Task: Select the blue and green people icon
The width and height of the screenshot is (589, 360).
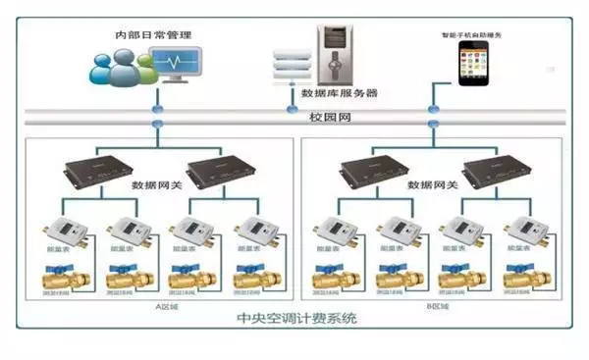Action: tap(117, 69)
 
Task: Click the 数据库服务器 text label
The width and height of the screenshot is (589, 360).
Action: tap(340, 94)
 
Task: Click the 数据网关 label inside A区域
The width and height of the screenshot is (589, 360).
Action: tap(156, 183)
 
